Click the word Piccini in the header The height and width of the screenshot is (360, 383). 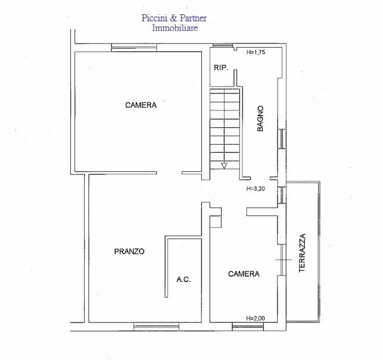pos(154,18)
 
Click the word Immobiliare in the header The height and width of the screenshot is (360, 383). pos(175,28)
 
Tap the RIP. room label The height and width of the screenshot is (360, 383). pos(221,68)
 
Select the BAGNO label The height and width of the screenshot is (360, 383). pos(260,118)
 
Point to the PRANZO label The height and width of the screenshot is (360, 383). pos(129,251)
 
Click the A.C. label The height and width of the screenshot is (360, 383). pos(183,280)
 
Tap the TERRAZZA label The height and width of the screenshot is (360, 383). pos(302,253)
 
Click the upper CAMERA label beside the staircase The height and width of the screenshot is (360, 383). pos(141,105)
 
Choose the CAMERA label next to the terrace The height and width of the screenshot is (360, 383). pos(244,274)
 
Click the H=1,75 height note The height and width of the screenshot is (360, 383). pos(256,52)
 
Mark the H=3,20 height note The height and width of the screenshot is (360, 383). pos(256,189)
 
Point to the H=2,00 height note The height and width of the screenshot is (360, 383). pos(256,318)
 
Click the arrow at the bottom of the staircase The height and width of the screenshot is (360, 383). pos(224,166)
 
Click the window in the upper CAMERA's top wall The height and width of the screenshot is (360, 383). pos(134,48)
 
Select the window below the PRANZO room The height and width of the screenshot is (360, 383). pos(156,327)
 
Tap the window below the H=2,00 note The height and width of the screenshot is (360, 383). pos(248,327)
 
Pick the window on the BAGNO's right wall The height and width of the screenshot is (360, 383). pos(282,139)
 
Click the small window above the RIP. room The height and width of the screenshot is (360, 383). pos(222,45)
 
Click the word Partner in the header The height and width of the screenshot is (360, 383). pos(194,18)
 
